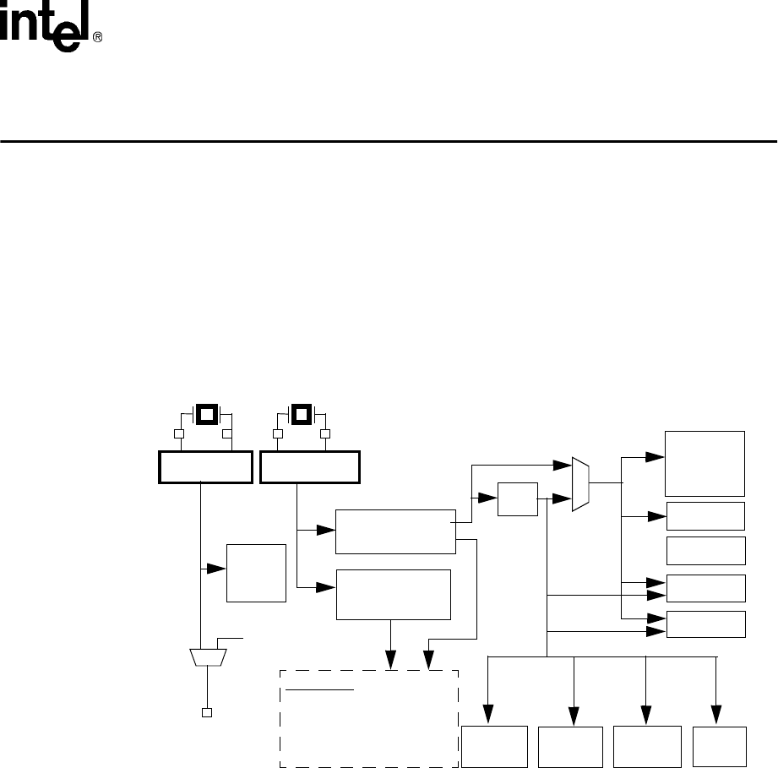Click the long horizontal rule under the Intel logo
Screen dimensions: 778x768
point(389,141)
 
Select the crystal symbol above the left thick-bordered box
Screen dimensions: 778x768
point(205,415)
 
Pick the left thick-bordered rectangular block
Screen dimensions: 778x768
point(205,467)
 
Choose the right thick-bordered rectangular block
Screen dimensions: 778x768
point(310,467)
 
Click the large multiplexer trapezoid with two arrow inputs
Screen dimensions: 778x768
point(580,484)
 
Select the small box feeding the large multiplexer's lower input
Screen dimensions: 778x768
point(518,499)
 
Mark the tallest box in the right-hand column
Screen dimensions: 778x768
point(706,463)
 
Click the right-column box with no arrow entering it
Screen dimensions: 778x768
point(706,550)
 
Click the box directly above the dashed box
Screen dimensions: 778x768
point(394,595)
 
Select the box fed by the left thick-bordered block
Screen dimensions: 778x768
point(257,573)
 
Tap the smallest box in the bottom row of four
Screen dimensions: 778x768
point(720,747)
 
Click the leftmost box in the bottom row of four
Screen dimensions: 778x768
point(495,747)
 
